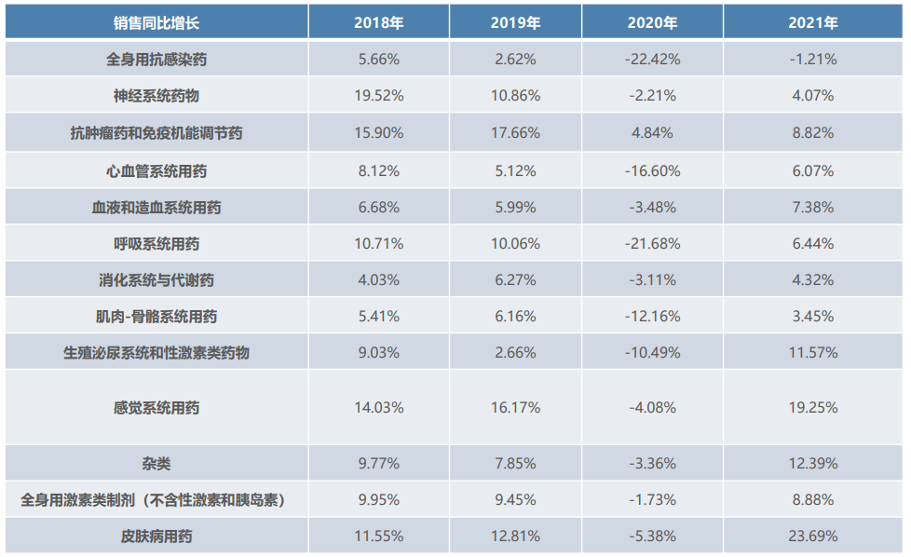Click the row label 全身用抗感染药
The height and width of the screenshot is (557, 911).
(x=156, y=59)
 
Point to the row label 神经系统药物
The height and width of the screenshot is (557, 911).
(x=156, y=96)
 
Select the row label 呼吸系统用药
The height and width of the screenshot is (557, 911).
(x=156, y=244)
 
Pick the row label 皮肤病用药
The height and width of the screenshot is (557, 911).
(x=156, y=537)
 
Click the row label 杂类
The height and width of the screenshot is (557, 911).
(x=156, y=463)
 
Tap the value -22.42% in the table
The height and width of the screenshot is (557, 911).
(x=652, y=59)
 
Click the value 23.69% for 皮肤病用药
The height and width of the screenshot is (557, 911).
(x=812, y=537)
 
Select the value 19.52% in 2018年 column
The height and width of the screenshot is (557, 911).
(x=378, y=96)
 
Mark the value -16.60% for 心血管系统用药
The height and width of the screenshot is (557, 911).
(x=652, y=170)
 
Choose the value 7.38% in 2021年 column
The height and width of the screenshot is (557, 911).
(x=812, y=207)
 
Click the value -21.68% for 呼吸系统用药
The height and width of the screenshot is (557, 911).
(x=652, y=244)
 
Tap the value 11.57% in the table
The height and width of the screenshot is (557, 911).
(x=812, y=353)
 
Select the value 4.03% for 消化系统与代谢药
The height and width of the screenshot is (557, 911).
(x=378, y=280)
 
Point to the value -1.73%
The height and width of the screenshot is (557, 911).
(x=652, y=500)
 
